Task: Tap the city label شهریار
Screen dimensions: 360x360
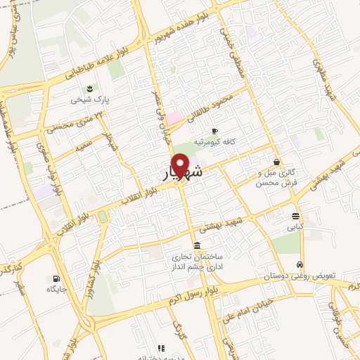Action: (181, 174)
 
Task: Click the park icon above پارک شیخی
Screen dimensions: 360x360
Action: (90, 88)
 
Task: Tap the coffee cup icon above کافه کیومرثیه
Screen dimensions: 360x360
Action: (214, 131)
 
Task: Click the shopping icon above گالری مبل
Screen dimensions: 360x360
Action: (276, 162)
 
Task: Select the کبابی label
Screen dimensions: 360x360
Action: (295, 227)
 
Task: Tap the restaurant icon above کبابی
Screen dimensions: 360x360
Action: (295, 216)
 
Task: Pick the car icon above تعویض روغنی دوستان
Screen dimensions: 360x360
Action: (300, 265)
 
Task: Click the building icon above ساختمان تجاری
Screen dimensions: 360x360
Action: (195, 245)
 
